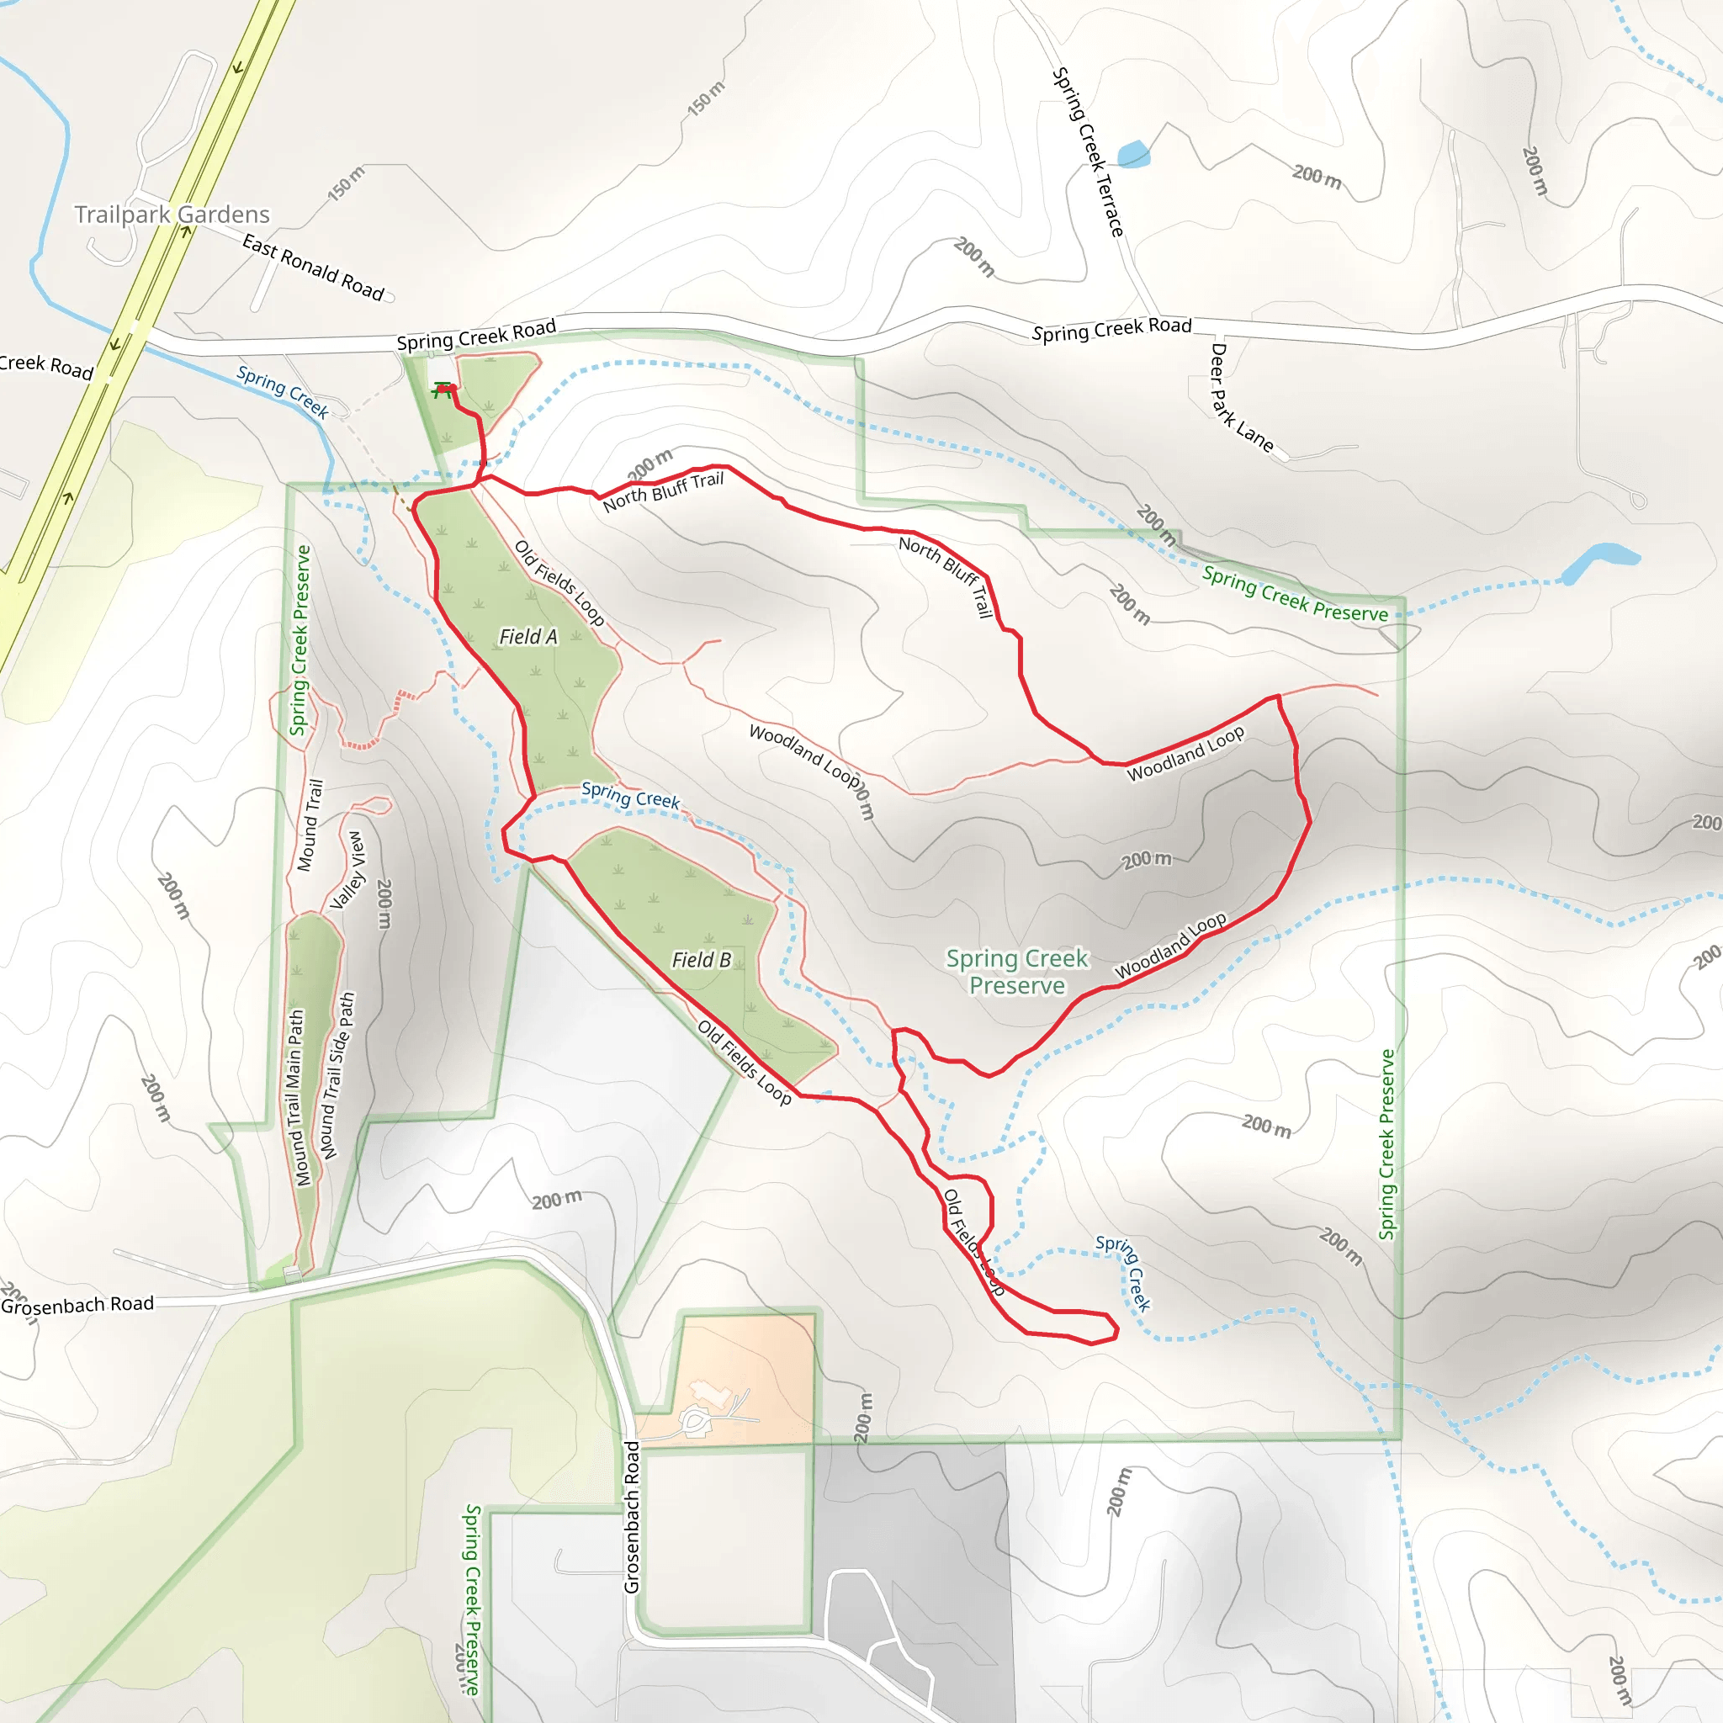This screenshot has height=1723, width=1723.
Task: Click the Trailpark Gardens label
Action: (x=172, y=214)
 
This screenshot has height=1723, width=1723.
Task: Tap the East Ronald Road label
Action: (x=312, y=268)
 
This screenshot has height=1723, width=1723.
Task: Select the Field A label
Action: (x=528, y=637)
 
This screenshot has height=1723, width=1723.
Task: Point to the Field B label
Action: (x=701, y=960)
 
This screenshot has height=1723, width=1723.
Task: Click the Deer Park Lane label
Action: (x=1241, y=398)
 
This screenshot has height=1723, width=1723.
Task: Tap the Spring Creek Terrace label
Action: (x=1088, y=151)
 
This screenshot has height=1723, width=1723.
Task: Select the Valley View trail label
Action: (x=347, y=871)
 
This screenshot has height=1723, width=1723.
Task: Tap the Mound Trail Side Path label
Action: (x=338, y=1074)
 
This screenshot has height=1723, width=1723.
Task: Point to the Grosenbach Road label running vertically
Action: (x=632, y=1516)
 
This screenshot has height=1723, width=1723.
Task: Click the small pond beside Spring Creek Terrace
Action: (x=1133, y=154)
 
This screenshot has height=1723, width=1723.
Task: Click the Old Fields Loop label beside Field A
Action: (x=560, y=582)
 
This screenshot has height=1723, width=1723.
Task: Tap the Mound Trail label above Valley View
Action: (x=310, y=825)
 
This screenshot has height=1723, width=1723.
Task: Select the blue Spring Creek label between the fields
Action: (x=629, y=793)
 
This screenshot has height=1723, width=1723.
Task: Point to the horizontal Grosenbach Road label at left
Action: (x=77, y=1305)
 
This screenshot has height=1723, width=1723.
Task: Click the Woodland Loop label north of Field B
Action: (x=805, y=757)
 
